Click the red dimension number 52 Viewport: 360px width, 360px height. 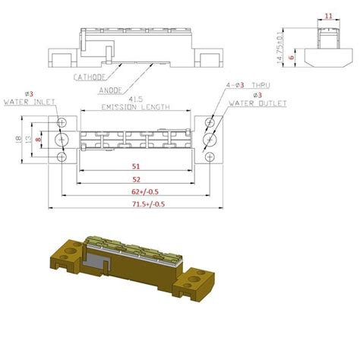(135, 178)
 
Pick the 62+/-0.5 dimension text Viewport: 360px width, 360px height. (136, 192)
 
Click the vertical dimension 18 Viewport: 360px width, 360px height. (18, 139)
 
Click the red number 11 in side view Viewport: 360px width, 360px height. (327, 15)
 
